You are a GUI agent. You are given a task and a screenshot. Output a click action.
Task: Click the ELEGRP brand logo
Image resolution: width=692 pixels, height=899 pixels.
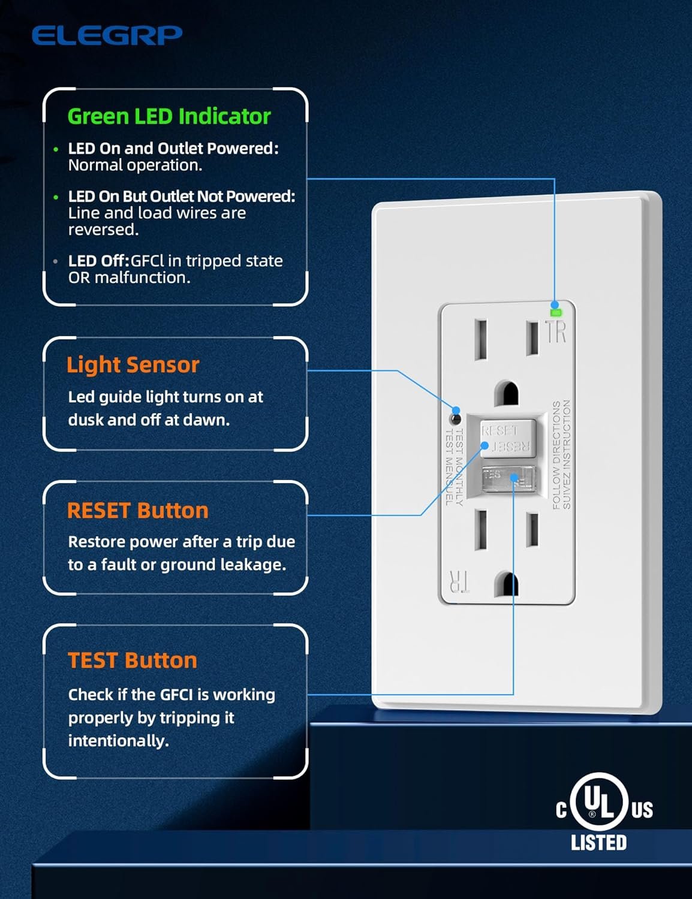(107, 35)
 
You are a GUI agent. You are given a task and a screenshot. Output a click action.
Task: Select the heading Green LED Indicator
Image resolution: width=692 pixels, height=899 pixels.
(169, 116)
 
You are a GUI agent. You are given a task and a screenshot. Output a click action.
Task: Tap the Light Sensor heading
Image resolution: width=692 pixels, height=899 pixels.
(133, 364)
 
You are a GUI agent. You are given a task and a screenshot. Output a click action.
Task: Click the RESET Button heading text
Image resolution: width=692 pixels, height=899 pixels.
(137, 511)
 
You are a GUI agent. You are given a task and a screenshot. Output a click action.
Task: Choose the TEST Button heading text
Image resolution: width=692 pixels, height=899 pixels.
(132, 660)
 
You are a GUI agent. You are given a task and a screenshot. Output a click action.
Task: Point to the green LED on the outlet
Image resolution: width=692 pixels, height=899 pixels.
(555, 312)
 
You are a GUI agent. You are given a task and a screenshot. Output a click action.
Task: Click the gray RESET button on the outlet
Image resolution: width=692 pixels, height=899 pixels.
(507, 438)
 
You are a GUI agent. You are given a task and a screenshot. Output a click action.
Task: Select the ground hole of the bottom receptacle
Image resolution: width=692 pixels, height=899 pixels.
(506, 584)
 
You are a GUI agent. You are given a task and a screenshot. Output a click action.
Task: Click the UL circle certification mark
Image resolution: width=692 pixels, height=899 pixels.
(598, 802)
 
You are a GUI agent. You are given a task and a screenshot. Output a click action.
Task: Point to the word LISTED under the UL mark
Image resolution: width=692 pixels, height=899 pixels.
(598, 843)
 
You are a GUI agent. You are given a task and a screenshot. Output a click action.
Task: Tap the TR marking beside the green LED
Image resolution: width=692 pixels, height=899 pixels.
(556, 331)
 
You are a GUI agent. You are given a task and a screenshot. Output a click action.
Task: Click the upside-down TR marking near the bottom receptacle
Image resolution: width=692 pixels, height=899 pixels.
(459, 581)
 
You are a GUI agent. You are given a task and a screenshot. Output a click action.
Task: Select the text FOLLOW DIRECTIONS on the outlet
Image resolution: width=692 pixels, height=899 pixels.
(556, 455)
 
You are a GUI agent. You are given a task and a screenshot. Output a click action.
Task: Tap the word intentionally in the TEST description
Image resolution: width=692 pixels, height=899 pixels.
(118, 741)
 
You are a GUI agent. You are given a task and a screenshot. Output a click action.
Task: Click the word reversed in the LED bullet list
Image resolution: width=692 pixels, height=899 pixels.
(103, 230)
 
